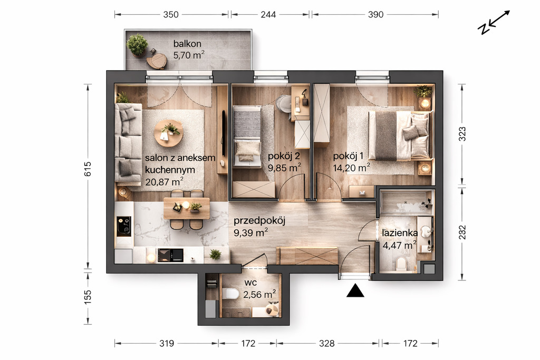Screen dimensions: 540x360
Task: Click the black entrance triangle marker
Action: coord(355,291)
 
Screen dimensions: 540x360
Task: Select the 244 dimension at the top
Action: coord(268,14)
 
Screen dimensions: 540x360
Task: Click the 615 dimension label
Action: coord(88,169)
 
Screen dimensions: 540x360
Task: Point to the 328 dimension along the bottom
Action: coord(326,343)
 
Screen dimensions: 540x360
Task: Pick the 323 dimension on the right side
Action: coord(462,134)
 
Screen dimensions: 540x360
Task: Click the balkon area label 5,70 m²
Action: coord(189,55)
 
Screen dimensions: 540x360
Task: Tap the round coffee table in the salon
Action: coord(169,133)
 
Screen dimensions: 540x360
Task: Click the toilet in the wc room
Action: coord(231,294)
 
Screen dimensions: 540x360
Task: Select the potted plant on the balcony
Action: coord(138,45)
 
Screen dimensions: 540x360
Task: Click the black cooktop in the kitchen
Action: coord(124,226)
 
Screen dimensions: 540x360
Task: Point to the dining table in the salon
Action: coord(187,208)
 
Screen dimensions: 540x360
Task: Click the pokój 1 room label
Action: coord(348,156)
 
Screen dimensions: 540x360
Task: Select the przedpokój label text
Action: coord(259,221)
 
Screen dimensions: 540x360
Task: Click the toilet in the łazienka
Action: coord(401,264)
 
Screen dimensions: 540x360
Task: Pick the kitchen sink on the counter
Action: coord(170,255)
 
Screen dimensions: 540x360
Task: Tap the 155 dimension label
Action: coord(88,297)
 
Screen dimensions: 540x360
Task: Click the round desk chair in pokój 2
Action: coord(284,103)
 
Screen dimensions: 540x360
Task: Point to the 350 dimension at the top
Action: coord(171,14)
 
